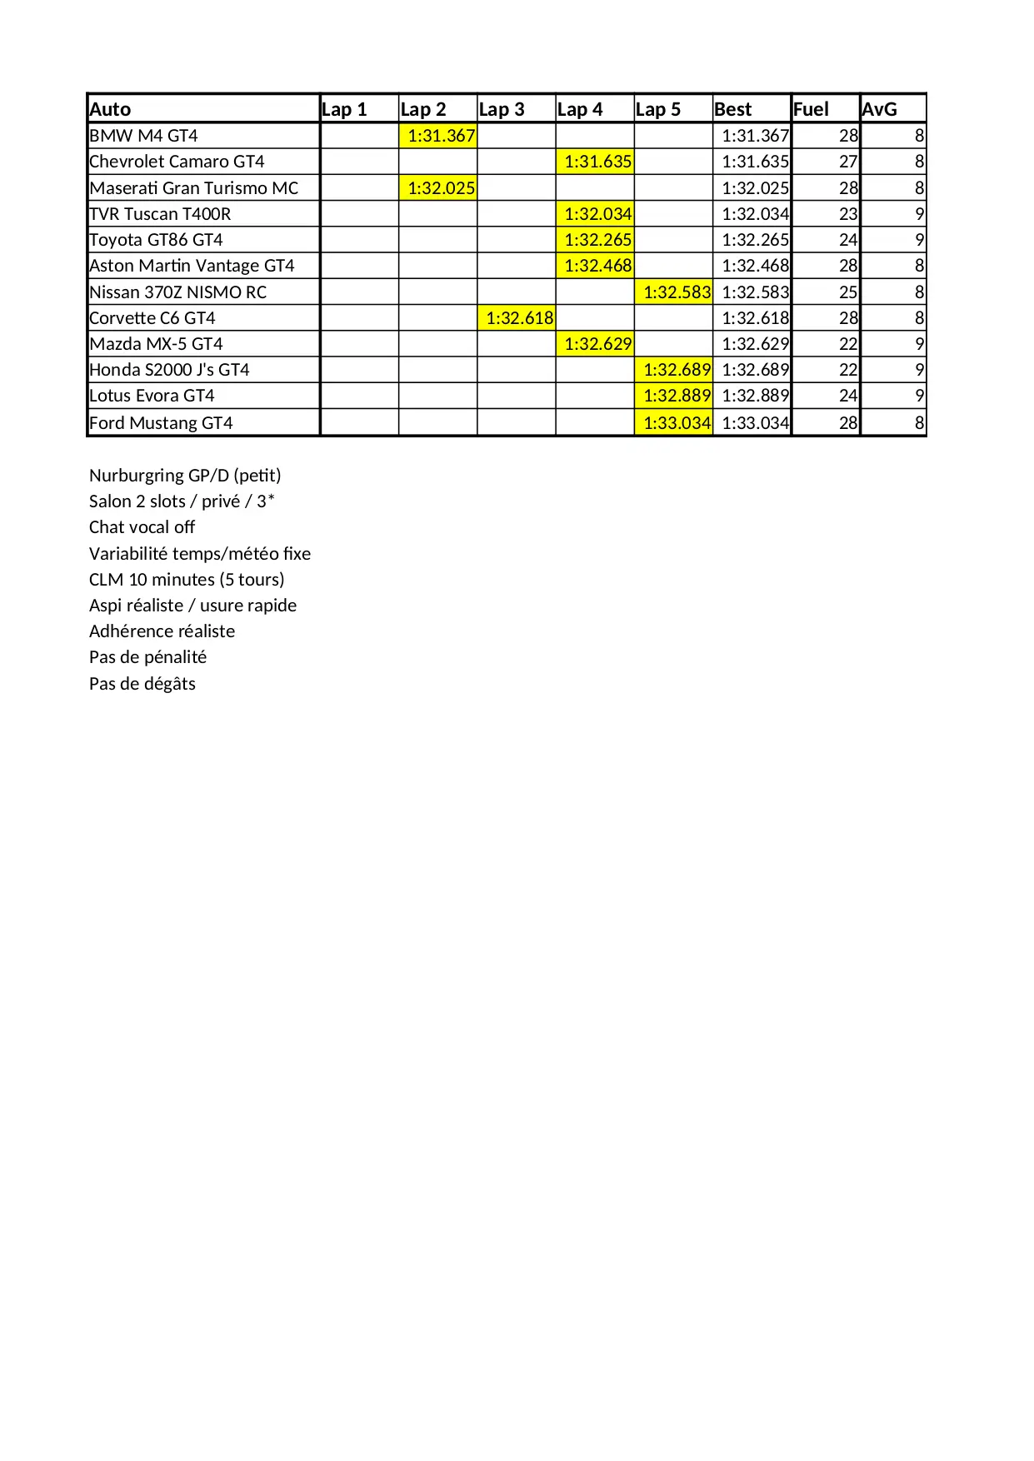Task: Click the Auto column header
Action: tap(110, 109)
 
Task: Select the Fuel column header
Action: tap(811, 109)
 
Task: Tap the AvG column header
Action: tap(879, 109)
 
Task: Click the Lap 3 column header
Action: tap(502, 109)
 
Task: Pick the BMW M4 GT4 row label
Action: tap(143, 136)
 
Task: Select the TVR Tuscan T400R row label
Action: tap(160, 214)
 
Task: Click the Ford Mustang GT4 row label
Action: tap(161, 423)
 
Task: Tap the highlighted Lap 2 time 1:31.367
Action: tap(441, 136)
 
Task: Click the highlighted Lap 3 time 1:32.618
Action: tap(519, 318)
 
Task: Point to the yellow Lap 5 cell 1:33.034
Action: tap(677, 423)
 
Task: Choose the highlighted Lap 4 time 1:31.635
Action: tap(597, 162)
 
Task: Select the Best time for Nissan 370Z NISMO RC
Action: tap(755, 292)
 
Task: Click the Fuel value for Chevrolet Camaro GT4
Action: tap(848, 162)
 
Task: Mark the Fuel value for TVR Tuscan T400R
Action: tap(848, 214)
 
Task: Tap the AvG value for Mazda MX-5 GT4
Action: tap(919, 344)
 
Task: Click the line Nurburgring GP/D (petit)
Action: tap(185, 476)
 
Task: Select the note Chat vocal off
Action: tap(142, 527)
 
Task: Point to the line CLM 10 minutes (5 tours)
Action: tap(187, 580)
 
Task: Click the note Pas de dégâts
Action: tap(142, 684)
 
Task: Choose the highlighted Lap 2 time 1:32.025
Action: tap(441, 188)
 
